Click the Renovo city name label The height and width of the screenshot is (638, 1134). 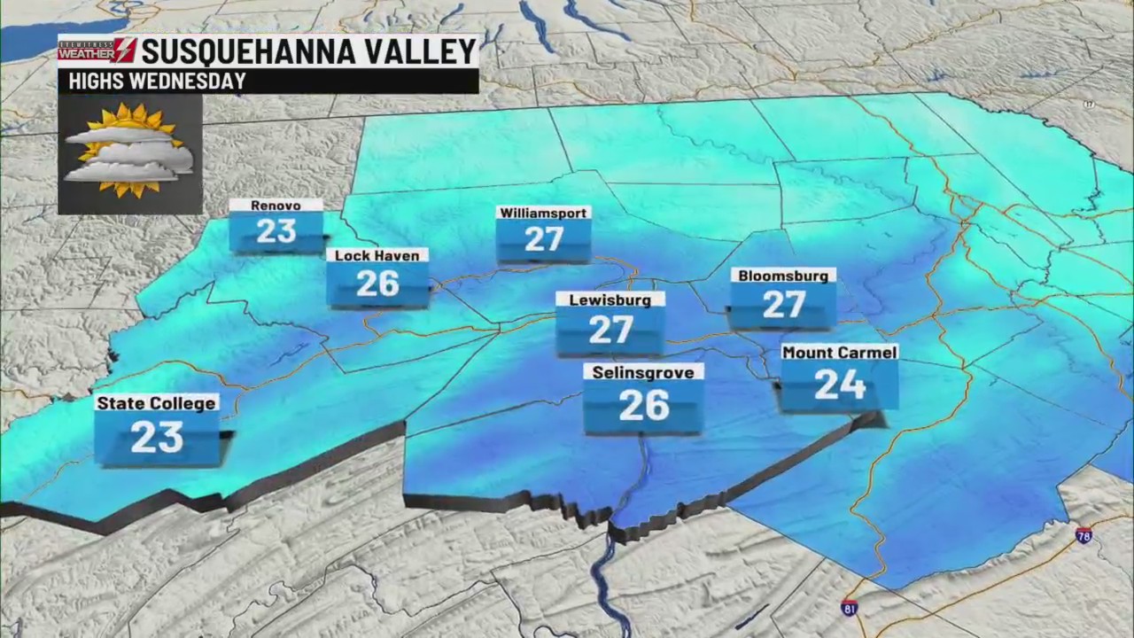pyautogui.click(x=276, y=206)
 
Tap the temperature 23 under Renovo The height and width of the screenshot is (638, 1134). pyautogui.click(x=276, y=231)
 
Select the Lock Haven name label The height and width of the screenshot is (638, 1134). pyautogui.click(x=377, y=255)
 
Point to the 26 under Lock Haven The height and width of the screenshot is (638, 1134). pyautogui.click(x=377, y=284)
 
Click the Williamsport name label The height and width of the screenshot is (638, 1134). pyautogui.click(x=543, y=213)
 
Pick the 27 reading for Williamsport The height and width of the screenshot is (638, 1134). pyautogui.click(x=543, y=238)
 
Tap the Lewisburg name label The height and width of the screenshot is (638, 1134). pyautogui.click(x=610, y=300)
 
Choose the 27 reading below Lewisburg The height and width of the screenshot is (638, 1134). pyautogui.click(x=610, y=330)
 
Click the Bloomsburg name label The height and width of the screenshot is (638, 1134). pyautogui.click(x=783, y=276)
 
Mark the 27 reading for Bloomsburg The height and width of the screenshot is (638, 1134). pyautogui.click(x=783, y=305)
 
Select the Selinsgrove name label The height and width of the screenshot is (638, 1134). pyautogui.click(x=643, y=372)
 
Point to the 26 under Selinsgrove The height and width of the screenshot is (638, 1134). pyautogui.click(x=643, y=405)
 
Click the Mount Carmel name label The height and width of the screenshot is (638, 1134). pyautogui.click(x=839, y=352)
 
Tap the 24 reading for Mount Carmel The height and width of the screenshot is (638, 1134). pyautogui.click(x=839, y=385)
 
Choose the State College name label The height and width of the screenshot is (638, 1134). pyautogui.click(x=156, y=403)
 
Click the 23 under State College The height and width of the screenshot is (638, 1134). pyautogui.click(x=157, y=437)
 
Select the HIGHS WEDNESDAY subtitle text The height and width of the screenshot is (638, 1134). pyautogui.click(x=151, y=82)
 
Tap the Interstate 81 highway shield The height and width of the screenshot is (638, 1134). pyautogui.click(x=849, y=607)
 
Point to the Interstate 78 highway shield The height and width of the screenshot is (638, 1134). pyautogui.click(x=1084, y=535)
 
